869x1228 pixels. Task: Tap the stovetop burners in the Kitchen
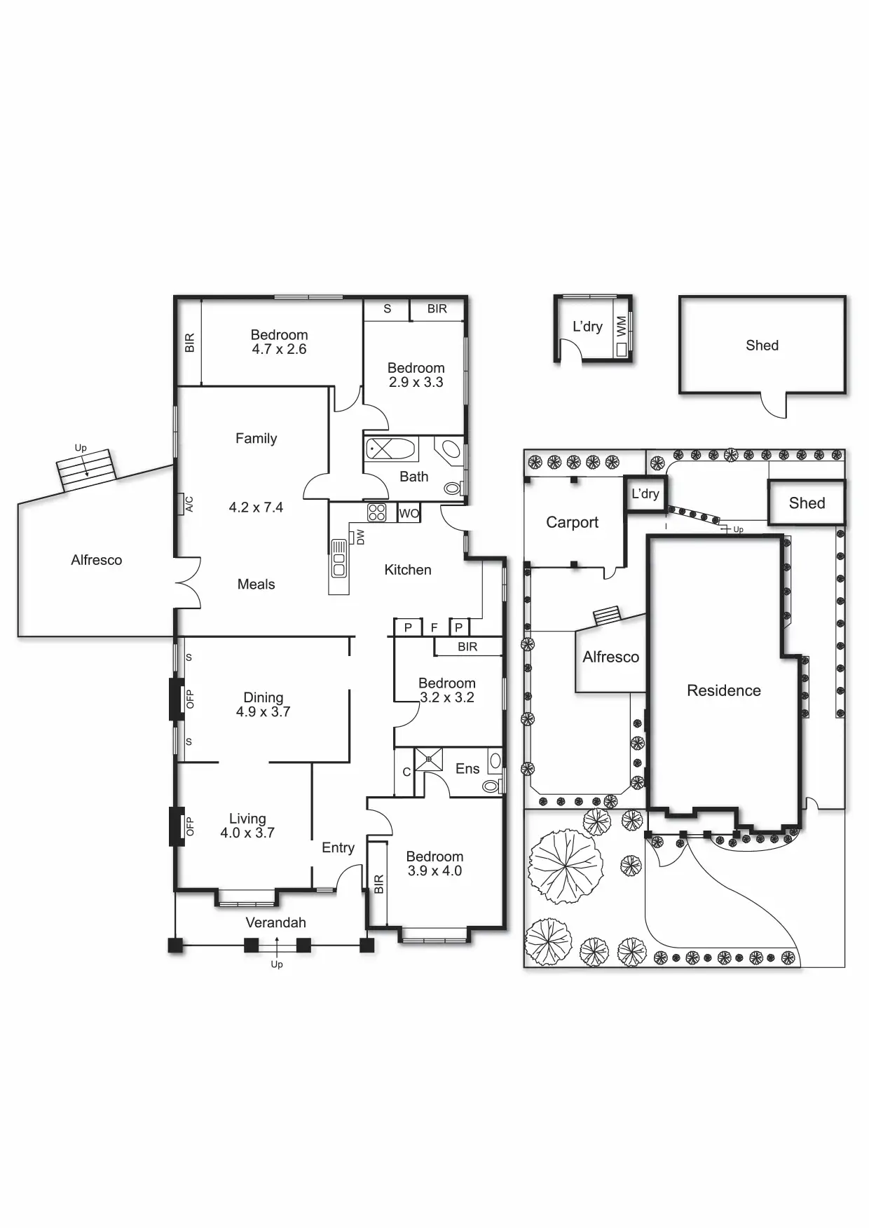coord(377,512)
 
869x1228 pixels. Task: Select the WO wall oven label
coord(409,514)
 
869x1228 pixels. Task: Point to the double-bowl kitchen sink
coord(339,558)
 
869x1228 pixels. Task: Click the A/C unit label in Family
coord(189,504)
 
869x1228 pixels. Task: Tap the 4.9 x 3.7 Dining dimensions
coord(263,712)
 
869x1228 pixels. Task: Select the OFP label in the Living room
coord(189,826)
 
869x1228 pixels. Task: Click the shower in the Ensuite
coord(428,759)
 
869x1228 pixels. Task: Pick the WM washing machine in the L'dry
coord(621,327)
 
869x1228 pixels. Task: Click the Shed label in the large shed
coord(762,346)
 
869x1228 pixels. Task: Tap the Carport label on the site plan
coord(572,522)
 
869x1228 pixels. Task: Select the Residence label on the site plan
coord(723,691)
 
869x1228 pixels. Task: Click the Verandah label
coord(275,923)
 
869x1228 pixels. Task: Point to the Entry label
coord(338,848)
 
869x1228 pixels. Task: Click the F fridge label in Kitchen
coord(434,628)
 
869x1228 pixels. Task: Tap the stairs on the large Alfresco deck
coord(85,470)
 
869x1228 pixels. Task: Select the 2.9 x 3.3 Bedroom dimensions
coord(416,383)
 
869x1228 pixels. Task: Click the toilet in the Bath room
coord(453,488)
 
